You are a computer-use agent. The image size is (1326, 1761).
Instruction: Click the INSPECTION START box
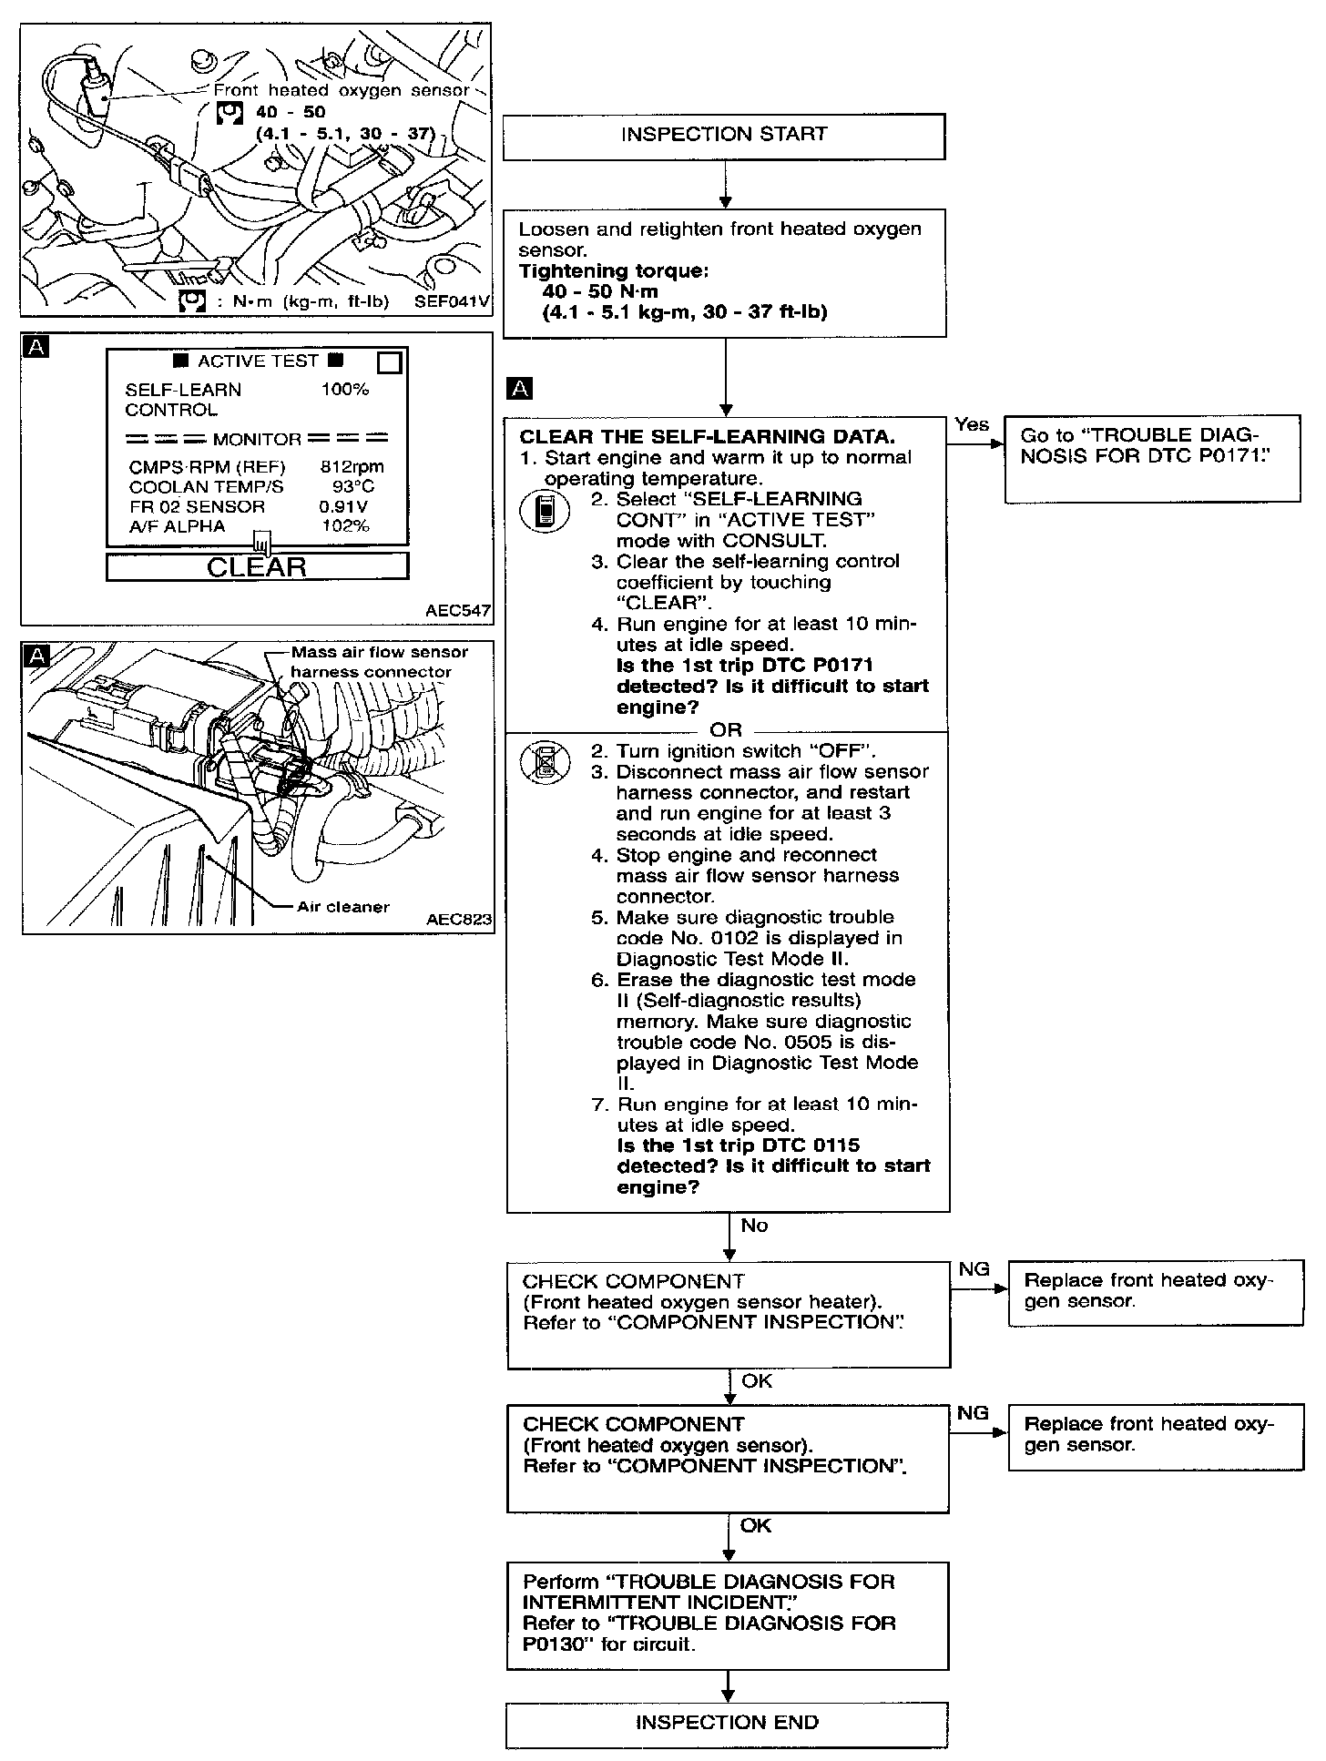pyautogui.click(x=724, y=137)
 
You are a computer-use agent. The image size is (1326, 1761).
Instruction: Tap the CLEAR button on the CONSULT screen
pyautogui.click(x=258, y=566)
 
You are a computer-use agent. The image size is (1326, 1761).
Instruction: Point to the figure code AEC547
pyautogui.click(x=458, y=611)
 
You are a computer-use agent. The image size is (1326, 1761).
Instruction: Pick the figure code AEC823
pyautogui.click(x=458, y=920)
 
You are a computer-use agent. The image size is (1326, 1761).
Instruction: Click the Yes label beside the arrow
pyautogui.click(x=972, y=424)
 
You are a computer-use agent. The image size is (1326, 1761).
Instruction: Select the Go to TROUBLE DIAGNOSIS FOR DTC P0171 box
pyautogui.click(x=1152, y=460)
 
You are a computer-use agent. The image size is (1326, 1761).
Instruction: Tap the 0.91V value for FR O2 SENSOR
pyautogui.click(x=344, y=506)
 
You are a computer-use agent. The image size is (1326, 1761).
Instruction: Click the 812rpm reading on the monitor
pyautogui.click(x=352, y=466)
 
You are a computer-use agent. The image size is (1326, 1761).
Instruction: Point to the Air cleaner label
pyautogui.click(x=343, y=906)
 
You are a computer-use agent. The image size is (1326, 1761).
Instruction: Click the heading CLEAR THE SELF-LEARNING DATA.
pyautogui.click(x=707, y=436)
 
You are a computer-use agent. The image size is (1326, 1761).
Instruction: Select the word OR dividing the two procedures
pyautogui.click(x=726, y=730)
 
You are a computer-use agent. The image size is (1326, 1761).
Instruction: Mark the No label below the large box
pyautogui.click(x=754, y=1226)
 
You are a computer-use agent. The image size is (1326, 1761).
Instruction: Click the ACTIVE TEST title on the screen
pyautogui.click(x=258, y=361)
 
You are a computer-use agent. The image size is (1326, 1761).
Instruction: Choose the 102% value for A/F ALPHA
pyautogui.click(x=346, y=526)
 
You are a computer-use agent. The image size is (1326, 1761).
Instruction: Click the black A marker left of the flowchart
pyautogui.click(x=519, y=390)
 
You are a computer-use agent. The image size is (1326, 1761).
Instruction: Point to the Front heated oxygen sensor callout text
pyautogui.click(x=342, y=90)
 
